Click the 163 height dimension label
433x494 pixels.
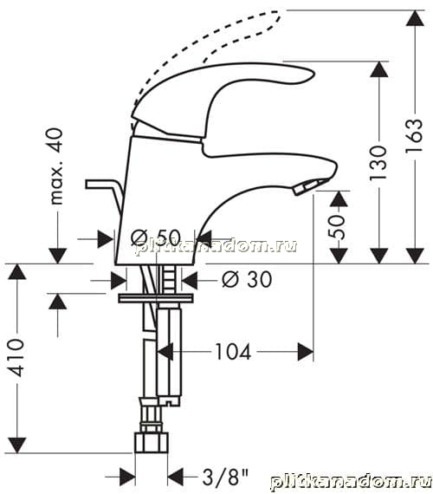[414, 135]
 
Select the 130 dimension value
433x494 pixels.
[378, 163]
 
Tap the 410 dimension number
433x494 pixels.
[16, 358]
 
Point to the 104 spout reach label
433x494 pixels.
[233, 352]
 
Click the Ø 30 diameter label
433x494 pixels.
[247, 279]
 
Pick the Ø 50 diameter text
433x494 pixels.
[156, 237]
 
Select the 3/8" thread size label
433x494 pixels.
[225, 477]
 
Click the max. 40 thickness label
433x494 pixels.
[56, 166]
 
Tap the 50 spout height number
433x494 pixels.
[337, 227]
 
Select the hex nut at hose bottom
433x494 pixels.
[152, 443]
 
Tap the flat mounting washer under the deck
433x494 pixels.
[156, 298]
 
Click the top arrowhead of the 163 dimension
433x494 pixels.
[415, 18]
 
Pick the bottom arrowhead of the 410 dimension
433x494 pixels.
[16, 445]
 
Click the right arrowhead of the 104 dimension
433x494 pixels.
[306, 352]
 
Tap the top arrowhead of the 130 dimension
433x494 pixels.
[378, 69]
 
